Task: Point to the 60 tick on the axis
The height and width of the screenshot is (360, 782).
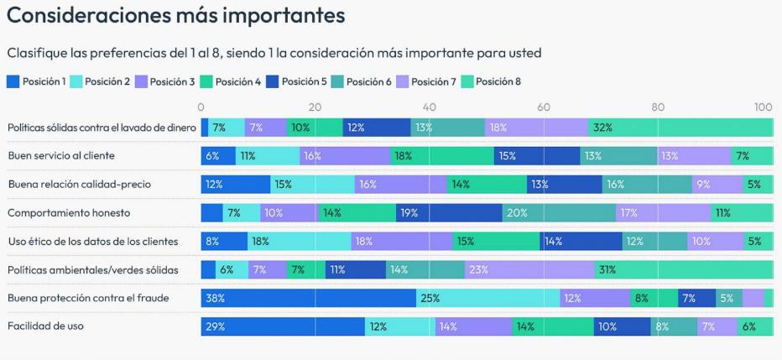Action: point(544,107)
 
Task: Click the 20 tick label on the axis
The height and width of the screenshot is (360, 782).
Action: point(315,107)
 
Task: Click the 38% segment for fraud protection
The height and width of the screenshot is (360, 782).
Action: point(308,298)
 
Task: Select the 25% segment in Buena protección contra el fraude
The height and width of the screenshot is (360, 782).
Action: point(487,298)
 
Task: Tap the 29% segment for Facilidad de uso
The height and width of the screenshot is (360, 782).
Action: point(283,326)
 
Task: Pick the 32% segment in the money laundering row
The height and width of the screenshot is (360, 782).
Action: point(680,128)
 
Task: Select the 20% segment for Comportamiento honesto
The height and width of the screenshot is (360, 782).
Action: point(559,213)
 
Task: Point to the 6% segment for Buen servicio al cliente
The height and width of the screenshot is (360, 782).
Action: point(218,156)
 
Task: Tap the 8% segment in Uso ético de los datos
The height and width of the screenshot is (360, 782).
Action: point(224,242)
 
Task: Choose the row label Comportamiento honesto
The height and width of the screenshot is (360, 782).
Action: point(69,213)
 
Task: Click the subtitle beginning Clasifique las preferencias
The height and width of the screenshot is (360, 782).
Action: point(274,53)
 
